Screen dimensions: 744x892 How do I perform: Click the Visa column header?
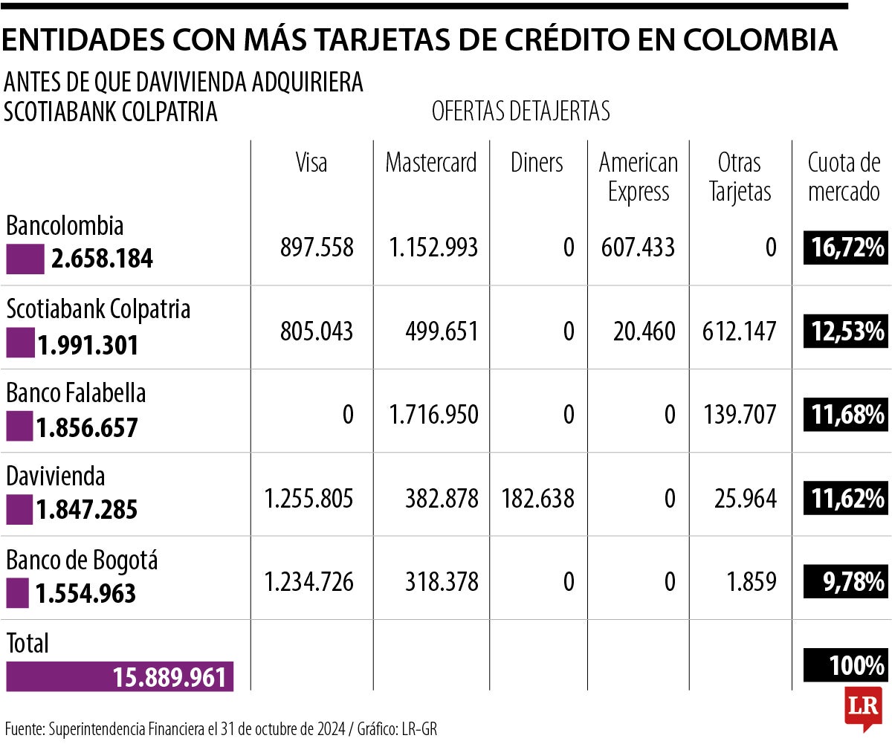(311, 163)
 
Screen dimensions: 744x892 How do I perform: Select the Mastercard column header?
(431, 163)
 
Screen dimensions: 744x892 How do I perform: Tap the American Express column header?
(639, 177)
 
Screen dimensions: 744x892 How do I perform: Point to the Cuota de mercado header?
(844, 177)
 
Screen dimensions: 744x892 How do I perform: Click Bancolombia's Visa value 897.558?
(317, 248)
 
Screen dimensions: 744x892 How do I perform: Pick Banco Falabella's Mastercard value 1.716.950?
(433, 414)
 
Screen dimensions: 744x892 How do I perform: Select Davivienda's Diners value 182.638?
(537, 498)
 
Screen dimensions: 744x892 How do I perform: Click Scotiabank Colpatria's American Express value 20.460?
(644, 331)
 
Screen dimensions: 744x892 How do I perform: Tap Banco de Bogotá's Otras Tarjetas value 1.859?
(752, 581)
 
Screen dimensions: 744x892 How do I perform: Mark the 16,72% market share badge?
(844, 248)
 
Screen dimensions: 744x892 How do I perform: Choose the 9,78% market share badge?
(844, 581)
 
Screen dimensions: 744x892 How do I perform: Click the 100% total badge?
(844, 664)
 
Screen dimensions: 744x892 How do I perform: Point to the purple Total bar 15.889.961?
(120, 676)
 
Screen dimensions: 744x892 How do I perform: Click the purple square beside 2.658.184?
(25, 259)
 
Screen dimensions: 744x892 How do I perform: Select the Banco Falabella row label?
(76, 392)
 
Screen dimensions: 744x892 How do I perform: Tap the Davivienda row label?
(56, 476)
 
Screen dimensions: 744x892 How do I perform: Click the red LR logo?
(862, 707)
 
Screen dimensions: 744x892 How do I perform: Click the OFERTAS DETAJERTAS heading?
(520, 111)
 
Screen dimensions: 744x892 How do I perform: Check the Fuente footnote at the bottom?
(221, 728)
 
